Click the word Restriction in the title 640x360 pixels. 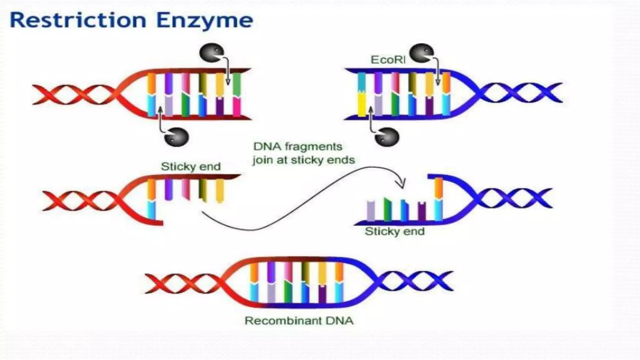(x=78, y=20)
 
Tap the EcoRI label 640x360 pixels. (x=388, y=60)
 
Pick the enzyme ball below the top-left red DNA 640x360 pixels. (x=177, y=137)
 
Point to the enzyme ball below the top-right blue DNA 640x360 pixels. (x=387, y=137)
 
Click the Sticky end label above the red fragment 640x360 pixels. (x=191, y=166)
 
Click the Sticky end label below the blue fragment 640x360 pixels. (x=395, y=231)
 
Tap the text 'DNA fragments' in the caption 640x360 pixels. (x=298, y=147)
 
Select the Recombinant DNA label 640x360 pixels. (x=299, y=321)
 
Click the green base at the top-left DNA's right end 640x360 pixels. (x=237, y=84)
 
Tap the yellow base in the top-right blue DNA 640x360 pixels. (x=362, y=105)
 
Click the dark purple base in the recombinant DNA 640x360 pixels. (x=322, y=294)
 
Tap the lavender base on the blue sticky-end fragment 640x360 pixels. (x=371, y=211)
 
